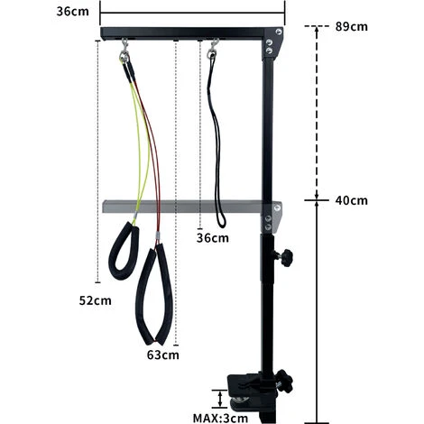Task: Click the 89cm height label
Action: [351, 26]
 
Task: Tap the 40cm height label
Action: [351, 200]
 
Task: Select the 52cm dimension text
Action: [95, 300]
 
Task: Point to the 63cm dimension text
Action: [162, 355]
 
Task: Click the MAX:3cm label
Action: [220, 418]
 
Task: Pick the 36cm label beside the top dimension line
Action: [72, 12]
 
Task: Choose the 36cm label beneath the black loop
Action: [213, 238]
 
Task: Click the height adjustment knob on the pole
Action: [284, 257]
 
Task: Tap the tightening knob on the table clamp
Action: [285, 381]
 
